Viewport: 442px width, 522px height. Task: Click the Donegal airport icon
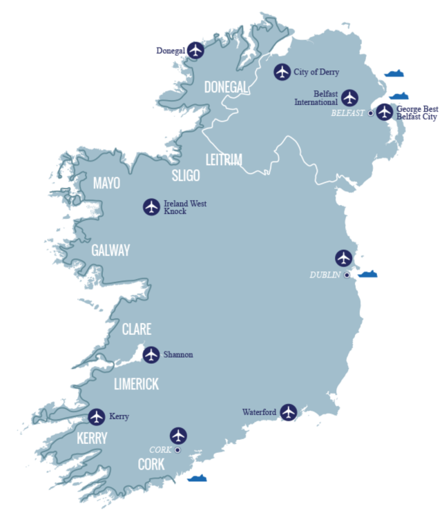(x=197, y=50)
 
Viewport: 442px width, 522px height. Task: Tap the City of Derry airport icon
(x=281, y=72)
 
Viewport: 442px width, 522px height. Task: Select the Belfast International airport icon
(x=350, y=97)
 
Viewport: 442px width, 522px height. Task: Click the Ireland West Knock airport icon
(x=151, y=206)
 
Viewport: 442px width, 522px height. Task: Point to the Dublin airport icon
(x=343, y=258)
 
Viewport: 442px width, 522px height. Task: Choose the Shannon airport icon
(x=151, y=354)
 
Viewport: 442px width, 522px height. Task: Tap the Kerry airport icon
(x=97, y=416)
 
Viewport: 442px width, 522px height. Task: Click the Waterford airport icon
(x=288, y=412)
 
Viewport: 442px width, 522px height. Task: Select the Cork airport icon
(x=178, y=436)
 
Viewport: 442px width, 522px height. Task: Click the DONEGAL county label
(x=226, y=87)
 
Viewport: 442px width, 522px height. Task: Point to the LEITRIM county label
(x=224, y=160)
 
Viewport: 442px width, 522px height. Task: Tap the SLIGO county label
(x=186, y=176)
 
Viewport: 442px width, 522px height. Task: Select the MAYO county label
(x=106, y=184)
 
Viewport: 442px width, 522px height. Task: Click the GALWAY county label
(x=110, y=251)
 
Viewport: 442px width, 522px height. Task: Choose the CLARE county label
(x=137, y=329)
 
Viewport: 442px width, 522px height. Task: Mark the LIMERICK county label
(x=137, y=385)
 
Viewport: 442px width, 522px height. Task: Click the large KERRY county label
(x=92, y=438)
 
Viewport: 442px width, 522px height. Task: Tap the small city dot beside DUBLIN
(x=347, y=275)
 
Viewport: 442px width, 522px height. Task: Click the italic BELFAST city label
(x=348, y=113)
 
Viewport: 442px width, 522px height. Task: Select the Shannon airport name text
(x=178, y=355)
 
